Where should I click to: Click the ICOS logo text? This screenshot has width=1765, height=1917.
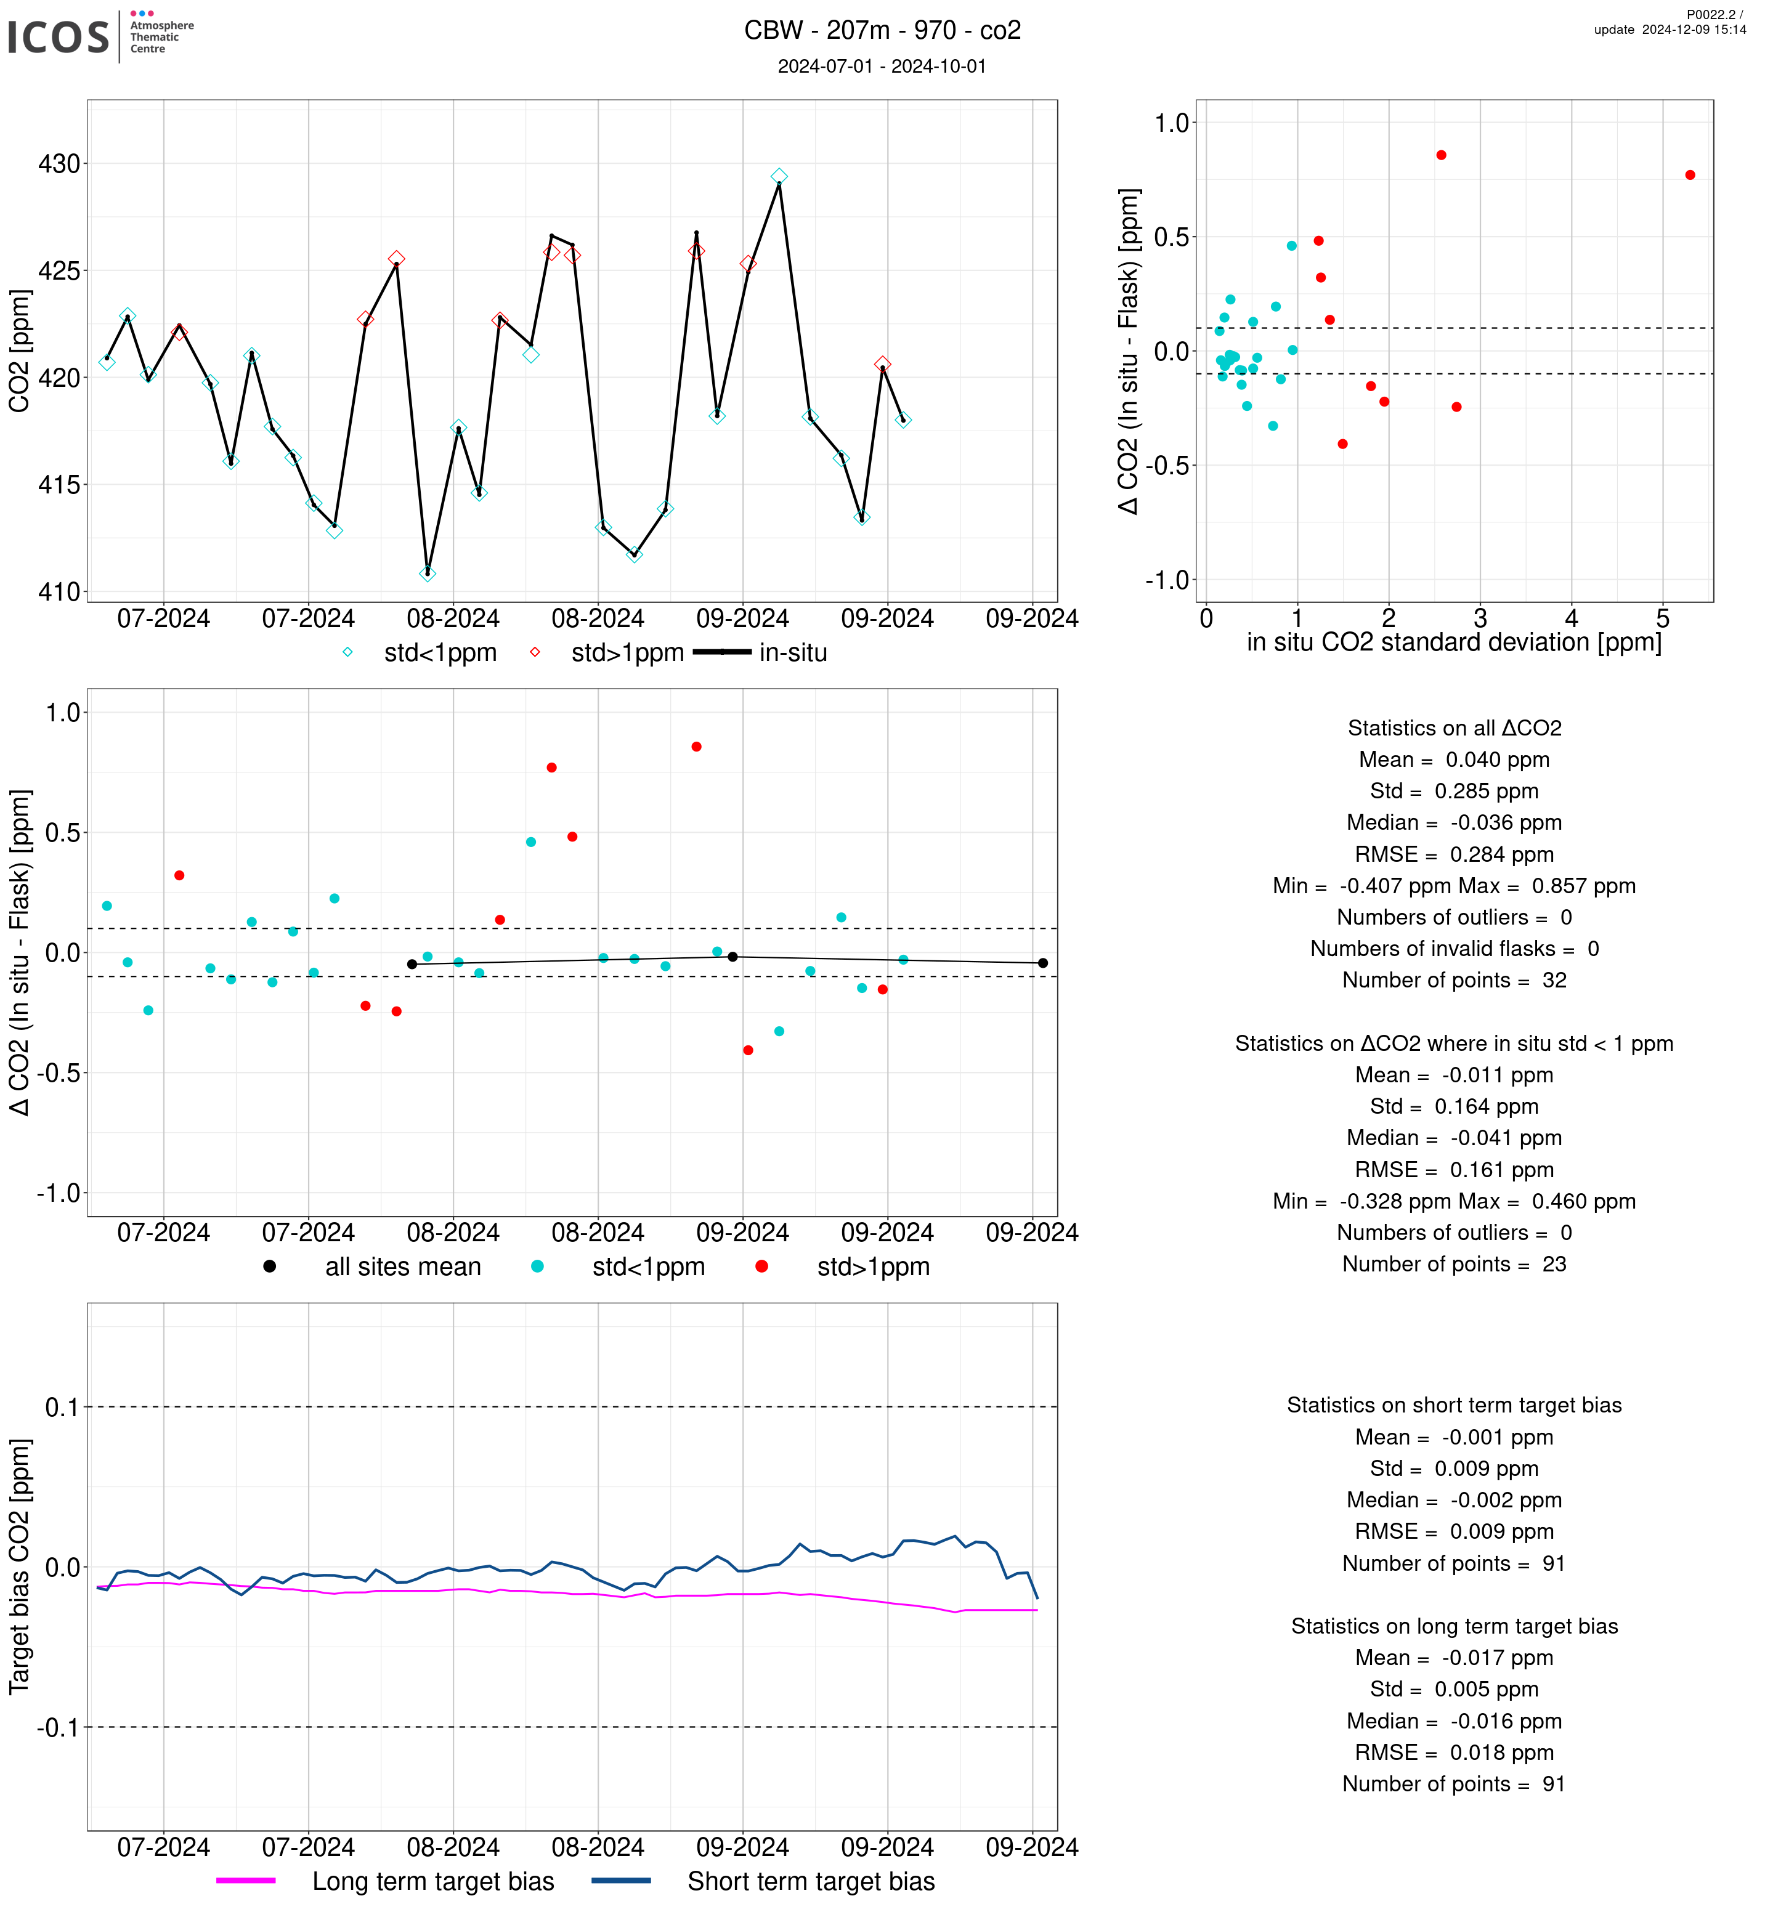point(59,37)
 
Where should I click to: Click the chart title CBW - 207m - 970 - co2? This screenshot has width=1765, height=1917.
point(882,31)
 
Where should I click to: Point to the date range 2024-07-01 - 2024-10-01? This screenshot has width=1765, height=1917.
point(882,66)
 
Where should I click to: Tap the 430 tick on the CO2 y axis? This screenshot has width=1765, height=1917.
point(59,164)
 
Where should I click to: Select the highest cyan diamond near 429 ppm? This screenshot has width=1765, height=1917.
point(779,177)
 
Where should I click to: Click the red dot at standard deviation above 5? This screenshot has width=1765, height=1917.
point(1690,175)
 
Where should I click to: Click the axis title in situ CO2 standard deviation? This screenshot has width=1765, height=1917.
point(1454,642)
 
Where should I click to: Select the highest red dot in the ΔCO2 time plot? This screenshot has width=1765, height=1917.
point(696,747)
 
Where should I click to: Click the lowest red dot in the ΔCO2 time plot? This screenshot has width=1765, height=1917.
point(748,1051)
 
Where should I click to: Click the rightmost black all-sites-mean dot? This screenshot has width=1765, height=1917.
point(1043,963)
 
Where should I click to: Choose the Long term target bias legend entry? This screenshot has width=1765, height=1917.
point(385,1881)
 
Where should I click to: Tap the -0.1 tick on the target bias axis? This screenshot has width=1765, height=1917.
point(57,1727)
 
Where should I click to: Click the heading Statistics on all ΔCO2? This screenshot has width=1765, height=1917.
point(1455,728)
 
